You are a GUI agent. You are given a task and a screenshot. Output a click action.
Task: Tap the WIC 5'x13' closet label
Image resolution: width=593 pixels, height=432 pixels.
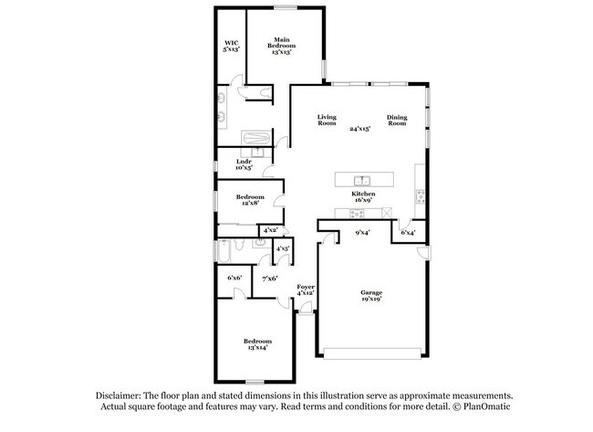[x=232, y=47]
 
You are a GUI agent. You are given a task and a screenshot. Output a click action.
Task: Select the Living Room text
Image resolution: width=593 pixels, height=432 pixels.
[x=327, y=120]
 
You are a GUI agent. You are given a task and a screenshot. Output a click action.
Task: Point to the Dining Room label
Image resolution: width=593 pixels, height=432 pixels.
[x=396, y=120]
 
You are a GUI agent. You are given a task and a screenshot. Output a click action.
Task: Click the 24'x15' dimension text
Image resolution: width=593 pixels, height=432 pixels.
[x=360, y=129]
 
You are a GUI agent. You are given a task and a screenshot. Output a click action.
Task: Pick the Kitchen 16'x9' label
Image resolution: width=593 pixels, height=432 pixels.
[x=363, y=198]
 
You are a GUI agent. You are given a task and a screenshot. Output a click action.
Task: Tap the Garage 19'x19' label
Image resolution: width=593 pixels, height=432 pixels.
[x=369, y=294]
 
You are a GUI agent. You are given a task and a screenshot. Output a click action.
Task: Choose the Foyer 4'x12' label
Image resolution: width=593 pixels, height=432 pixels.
[x=306, y=290]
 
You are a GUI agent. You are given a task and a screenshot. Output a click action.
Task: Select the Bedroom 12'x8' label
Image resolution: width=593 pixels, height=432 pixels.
[x=250, y=200]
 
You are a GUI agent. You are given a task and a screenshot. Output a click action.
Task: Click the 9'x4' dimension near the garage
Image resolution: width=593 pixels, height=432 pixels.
[x=362, y=233]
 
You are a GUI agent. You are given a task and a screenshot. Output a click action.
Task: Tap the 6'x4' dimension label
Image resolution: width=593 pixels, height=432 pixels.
[x=408, y=233]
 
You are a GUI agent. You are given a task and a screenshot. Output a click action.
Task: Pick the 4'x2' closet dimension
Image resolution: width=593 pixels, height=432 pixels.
[x=271, y=231]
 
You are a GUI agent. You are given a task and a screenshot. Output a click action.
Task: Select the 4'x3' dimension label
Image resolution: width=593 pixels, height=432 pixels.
[x=282, y=248]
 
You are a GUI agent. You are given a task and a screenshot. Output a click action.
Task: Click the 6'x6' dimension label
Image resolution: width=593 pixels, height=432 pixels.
[x=234, y=278]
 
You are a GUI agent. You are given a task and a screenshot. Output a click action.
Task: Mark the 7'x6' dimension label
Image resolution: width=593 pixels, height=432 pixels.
[x=269, y=278]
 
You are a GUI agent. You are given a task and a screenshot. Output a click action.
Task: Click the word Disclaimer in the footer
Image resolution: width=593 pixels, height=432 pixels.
[x=121, y=395]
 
